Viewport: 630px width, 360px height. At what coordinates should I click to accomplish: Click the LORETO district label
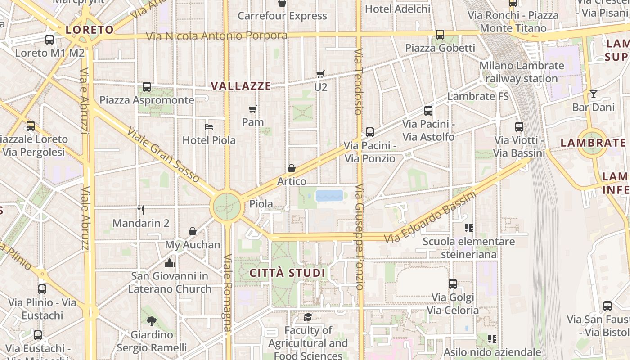[x=90, y=30]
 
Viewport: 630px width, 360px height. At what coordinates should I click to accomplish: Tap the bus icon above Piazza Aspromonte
[x=147, y=87]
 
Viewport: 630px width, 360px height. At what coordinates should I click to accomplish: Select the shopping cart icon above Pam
[x=253, y=109]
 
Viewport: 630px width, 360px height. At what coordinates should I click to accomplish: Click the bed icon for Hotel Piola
[x=209, y=127]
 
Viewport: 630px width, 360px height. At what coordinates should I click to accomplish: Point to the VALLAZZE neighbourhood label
[x=241, y=86]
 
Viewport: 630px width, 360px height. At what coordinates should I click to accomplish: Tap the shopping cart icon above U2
[x=320, y=74]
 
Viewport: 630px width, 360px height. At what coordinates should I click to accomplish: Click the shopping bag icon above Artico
[x=292, y=168]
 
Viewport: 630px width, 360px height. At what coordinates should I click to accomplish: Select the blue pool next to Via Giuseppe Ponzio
[x=329, y=195]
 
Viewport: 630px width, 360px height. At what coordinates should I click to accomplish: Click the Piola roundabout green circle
[x=226, y=207]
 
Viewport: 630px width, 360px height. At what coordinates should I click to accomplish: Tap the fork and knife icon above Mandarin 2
[x=141, y=210]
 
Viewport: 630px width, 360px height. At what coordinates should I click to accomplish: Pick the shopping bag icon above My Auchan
[x=193, y=231]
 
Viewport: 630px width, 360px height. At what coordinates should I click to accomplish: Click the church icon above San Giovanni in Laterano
[x=170, y=262]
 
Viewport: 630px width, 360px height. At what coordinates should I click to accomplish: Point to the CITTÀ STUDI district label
[x=287, y=273]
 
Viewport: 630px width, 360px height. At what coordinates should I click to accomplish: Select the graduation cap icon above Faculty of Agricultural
[x=308, y=317]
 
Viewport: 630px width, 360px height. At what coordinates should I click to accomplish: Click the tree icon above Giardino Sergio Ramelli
[x=152, y=321]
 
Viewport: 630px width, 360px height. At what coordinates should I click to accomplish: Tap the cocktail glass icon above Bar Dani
[x=594, y=94]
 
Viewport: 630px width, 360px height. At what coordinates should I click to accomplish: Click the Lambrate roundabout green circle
[x=592, y=143]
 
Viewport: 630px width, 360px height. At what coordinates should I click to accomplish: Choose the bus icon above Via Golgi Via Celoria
[x=453, y=284]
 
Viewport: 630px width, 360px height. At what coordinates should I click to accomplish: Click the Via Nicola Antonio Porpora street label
[x=217, y=36]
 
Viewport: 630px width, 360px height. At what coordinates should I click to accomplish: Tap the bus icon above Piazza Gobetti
[x=440, y=34]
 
